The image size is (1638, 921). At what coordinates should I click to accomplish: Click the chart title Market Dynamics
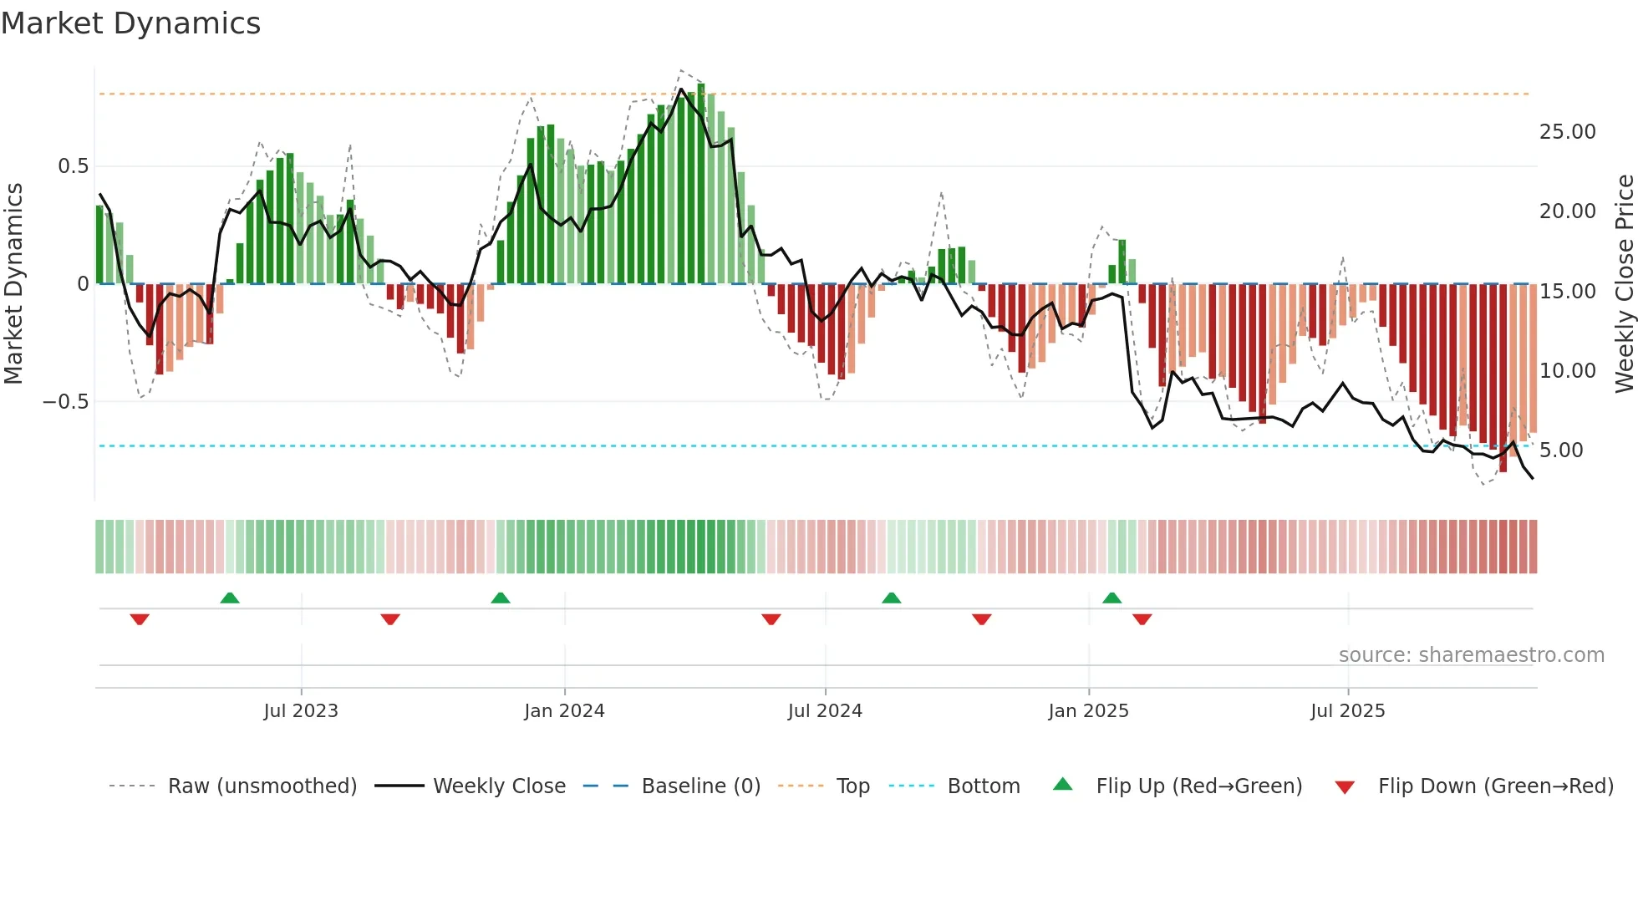click(x=130, y=23)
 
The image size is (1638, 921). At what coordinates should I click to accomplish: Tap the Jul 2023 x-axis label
click(x=301, y=711)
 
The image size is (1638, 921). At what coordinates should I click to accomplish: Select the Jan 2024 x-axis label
click(x=564, y=711)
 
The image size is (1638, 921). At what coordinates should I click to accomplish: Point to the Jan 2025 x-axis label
click(x=1088, y=711)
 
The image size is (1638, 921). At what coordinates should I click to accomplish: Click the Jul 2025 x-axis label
click(x=1347, y=711)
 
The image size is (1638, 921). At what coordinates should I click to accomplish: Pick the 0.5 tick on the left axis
click(x=73, y=166)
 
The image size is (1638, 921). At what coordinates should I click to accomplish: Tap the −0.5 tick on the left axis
click(x=65, y=402)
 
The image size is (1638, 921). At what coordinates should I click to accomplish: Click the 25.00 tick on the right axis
click(x=1567, y=132)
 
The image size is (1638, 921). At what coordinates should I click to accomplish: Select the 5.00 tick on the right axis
click(x=1561, y=450)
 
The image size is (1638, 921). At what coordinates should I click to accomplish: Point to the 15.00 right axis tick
click(x=1567, y=292)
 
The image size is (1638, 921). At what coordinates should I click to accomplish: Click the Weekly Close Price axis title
click(x=1624, y=284)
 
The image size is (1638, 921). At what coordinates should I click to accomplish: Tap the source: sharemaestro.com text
click(x=1471, y=655)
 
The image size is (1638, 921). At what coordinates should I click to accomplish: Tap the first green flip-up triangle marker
click(x=230, y=598)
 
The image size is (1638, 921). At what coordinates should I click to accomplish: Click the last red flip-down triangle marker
click(x=1142, y=619)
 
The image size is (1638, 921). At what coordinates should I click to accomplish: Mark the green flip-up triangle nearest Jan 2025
click(x=1111, y=598)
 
